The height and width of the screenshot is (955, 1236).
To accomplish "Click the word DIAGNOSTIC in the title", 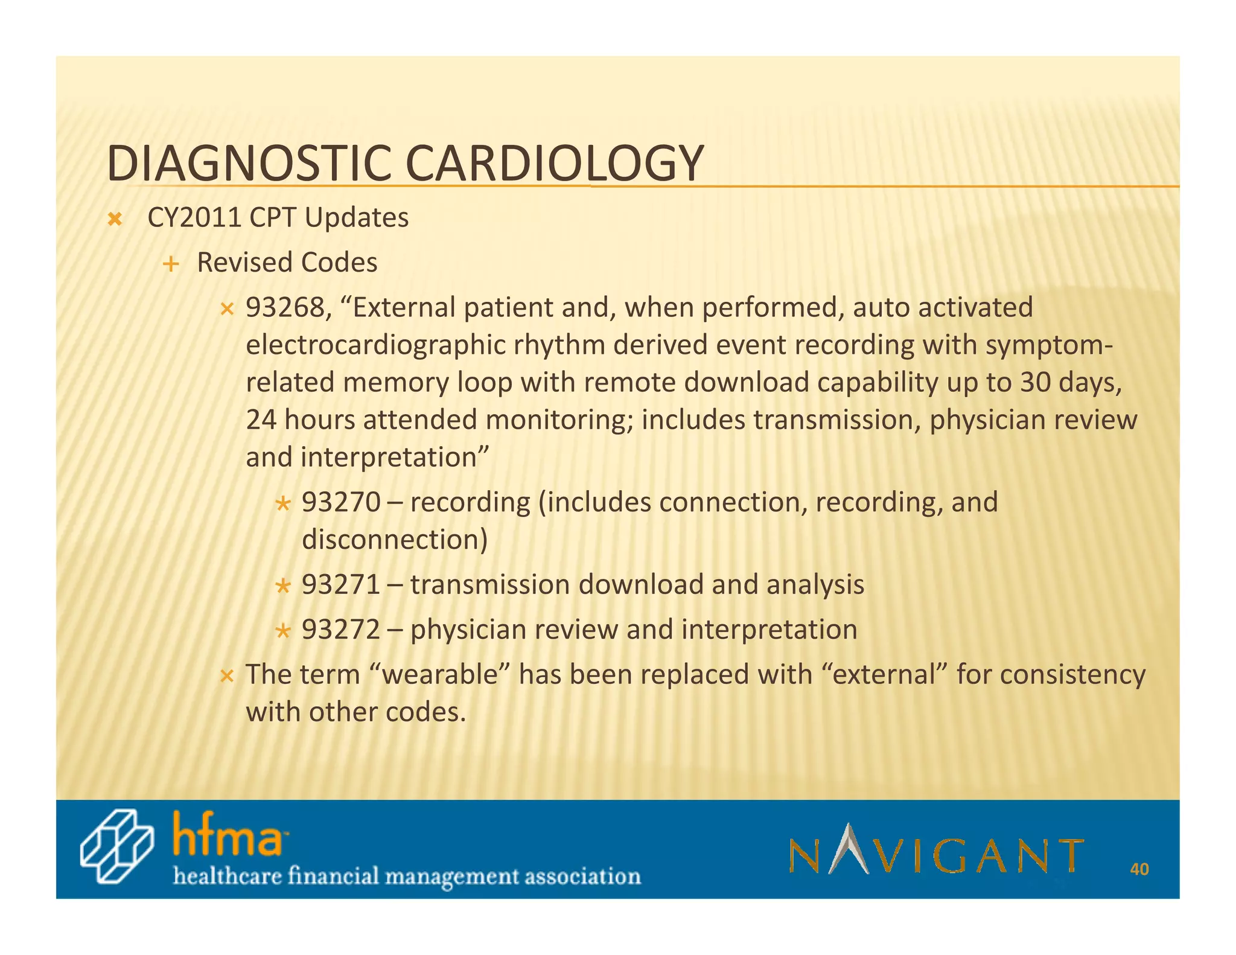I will [x=247, y=164].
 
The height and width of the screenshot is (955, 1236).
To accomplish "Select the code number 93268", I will [x=285, y=308].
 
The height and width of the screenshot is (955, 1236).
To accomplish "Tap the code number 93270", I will [x=341, y=502].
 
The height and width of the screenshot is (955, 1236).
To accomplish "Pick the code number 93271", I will [x=341, y=585].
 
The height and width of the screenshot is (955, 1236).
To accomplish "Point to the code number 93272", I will [x=341, y=630].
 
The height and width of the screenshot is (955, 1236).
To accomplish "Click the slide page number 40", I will [x=1139, y=869].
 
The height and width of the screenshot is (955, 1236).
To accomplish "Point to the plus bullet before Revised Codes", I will [x=171, y=264].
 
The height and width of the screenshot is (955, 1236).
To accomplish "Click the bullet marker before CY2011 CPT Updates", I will [x=114, y=220].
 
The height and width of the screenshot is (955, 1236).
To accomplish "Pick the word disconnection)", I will [x=394, y=540].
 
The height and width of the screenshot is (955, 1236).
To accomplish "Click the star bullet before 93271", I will [x=283, y=586].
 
